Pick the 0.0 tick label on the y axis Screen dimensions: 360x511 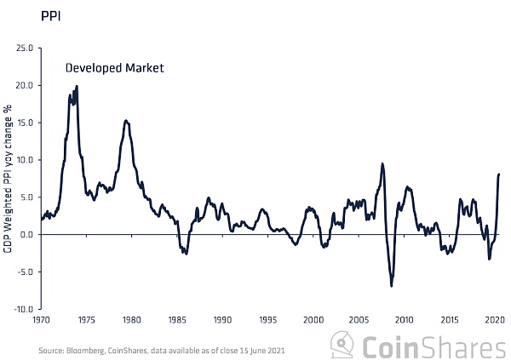pyautogui.click(x=27, y=234)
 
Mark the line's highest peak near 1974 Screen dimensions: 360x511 pyautogui.click(x=77, y=86)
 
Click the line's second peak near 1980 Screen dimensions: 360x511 pyautogui.click(x=126, y=121)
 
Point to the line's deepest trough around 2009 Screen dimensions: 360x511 pyautogui.click(x=392, y=286)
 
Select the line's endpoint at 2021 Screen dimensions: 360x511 pyautogui.click(x=499, y=174)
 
